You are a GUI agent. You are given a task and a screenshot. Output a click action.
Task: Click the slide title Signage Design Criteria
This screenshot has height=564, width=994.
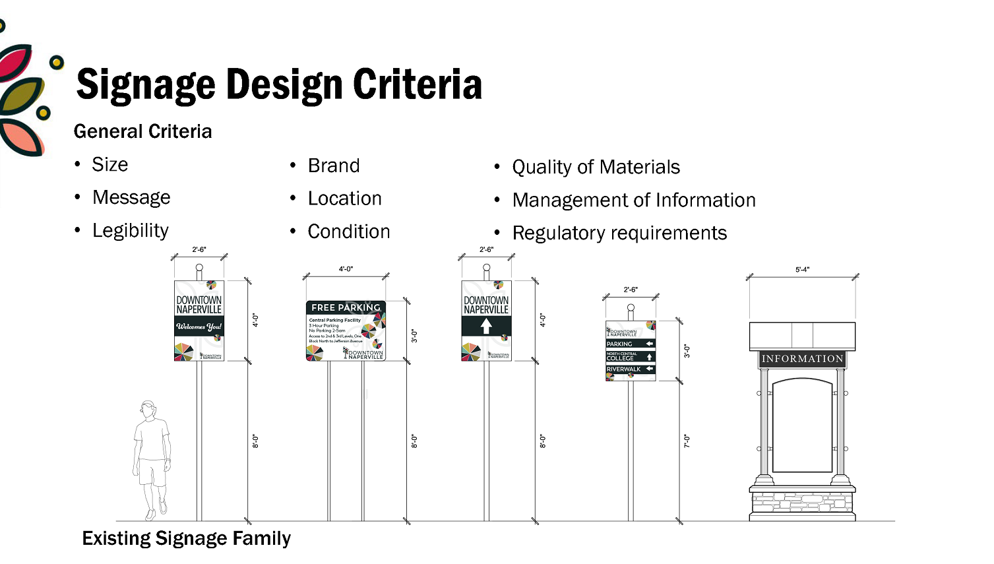[279, 85]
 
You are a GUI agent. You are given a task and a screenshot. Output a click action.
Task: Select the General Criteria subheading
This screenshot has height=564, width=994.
[142, 131]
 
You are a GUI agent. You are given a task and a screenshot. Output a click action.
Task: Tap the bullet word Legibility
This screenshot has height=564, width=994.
[131, 230]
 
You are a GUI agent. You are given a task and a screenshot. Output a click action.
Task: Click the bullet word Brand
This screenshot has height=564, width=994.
[334, 166]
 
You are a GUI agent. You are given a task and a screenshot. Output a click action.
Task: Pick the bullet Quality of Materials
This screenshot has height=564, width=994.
[596, 167]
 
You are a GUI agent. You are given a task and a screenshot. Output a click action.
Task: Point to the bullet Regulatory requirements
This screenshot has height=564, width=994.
[619, 233]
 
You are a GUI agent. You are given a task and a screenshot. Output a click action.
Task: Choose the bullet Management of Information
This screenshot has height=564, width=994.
[634, 200]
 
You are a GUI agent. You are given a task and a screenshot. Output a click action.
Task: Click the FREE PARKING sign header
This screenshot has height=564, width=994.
[346, 307]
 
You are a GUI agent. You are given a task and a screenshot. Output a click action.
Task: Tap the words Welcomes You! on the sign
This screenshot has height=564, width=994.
[199, 327]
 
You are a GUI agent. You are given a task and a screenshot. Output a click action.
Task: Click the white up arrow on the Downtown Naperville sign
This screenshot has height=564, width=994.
[486, 326]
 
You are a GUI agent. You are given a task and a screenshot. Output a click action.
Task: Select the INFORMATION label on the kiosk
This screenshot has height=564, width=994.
[802, 359]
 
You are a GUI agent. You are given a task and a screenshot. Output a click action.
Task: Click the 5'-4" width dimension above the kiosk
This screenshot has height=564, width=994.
[802, 270]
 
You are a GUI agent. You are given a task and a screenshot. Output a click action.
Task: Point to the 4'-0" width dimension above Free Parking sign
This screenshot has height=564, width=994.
[346, 269]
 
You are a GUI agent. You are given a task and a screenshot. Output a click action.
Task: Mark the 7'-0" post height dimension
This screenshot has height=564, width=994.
[687, 441]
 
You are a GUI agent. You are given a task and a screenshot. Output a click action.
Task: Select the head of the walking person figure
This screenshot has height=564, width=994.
[149, 409]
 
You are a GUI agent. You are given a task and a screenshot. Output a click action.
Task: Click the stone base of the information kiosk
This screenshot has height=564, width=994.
[802, 505]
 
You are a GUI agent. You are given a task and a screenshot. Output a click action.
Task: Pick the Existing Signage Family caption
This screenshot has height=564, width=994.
[186, 538]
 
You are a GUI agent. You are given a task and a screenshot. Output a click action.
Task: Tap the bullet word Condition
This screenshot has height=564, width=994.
[349, 232]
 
